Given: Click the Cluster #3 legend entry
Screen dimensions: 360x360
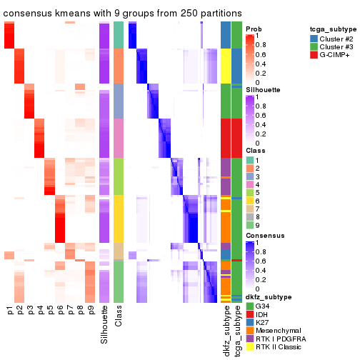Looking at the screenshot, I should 333,47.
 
